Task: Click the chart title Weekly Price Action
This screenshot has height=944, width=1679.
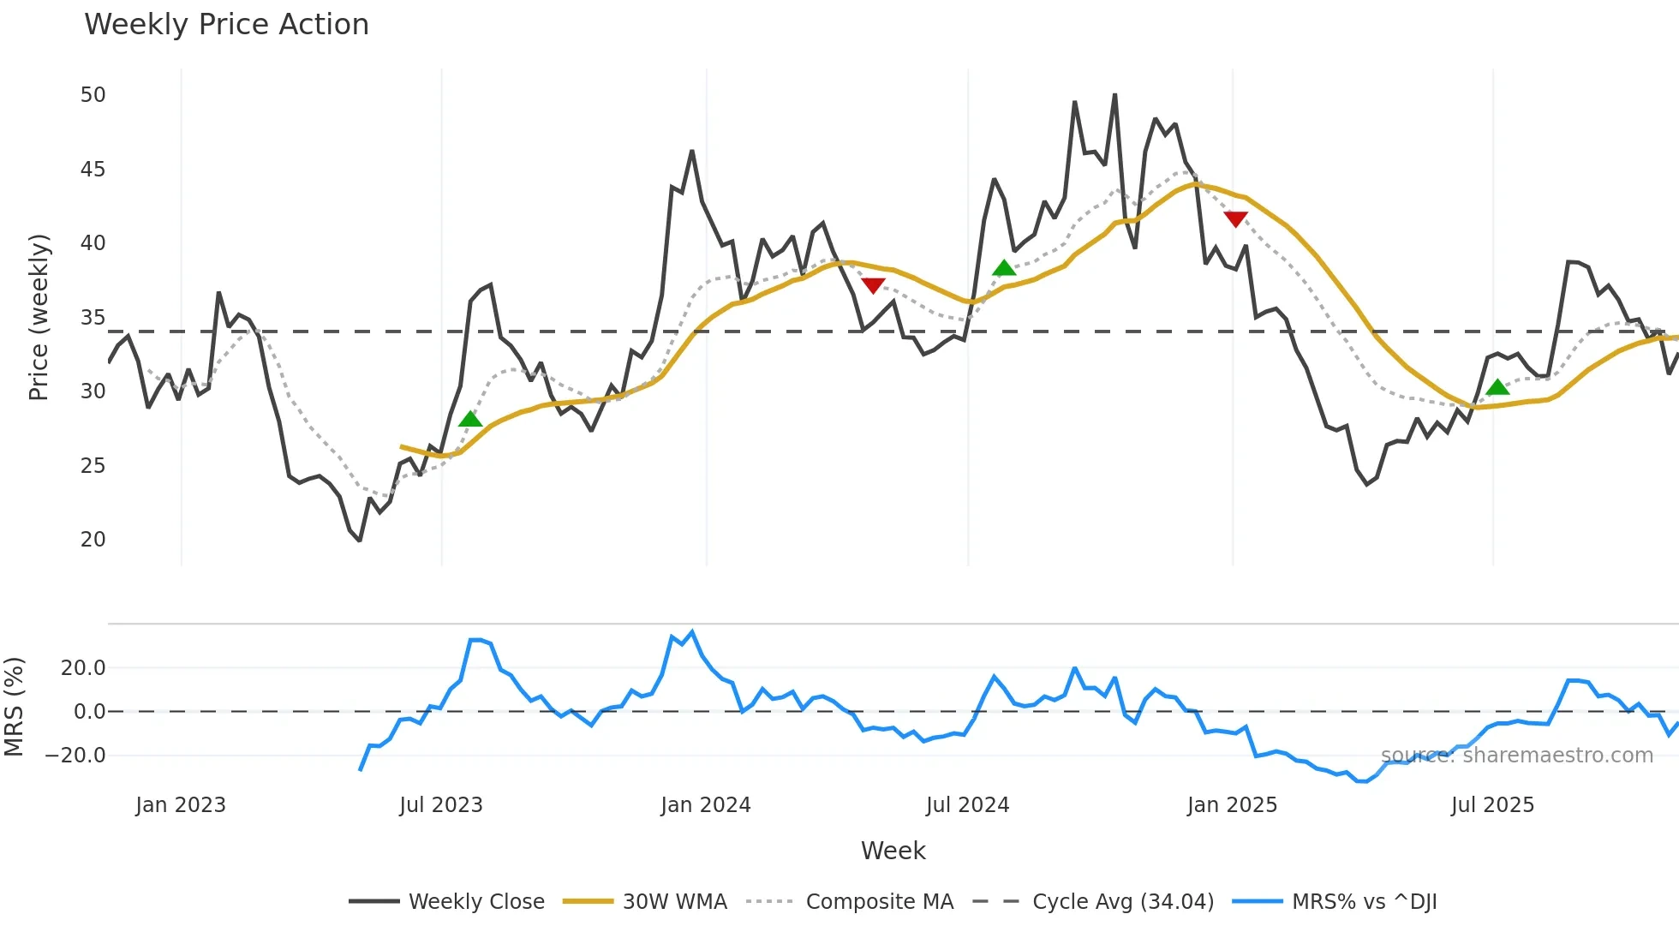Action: (226, 25)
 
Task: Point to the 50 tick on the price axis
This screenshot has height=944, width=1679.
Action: (93, 95)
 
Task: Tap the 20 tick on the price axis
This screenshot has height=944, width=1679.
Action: (93, 540)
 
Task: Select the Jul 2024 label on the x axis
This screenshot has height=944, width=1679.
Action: (967, 805)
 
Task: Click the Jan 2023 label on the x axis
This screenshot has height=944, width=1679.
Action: (181, 805)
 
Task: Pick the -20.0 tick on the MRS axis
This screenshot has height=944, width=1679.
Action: (75, 756)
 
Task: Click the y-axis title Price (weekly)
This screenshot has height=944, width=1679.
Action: (39, 317)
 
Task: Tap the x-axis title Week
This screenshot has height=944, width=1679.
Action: (893, 851)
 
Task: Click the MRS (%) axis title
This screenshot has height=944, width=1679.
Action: (15, 707)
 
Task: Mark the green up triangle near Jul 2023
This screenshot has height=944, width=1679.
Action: (470, 419)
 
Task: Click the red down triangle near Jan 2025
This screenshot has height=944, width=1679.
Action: (1235, 219)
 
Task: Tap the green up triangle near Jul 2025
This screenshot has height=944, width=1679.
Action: (1497, 387)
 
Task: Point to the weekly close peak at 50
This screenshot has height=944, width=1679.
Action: (1114, 95)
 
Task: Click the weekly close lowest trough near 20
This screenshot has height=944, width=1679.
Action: (360, 540)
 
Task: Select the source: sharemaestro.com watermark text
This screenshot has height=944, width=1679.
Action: (1516, 756)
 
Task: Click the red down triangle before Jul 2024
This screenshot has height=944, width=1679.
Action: (873, 285)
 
